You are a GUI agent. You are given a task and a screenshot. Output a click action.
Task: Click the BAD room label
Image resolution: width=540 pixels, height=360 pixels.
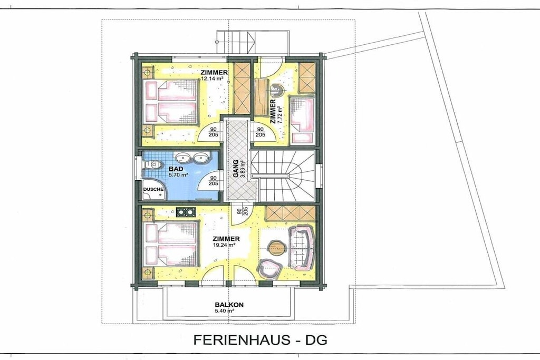point(176,169)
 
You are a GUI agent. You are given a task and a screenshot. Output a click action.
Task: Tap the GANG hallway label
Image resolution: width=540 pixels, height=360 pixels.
point(236,168)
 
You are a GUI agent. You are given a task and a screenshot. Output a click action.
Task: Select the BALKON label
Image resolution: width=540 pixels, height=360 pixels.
point(229,305)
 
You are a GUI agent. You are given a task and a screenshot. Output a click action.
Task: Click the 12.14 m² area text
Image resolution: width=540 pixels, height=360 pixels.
point(212,79)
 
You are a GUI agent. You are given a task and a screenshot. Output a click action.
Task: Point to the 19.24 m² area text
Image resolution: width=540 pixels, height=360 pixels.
point(224,245)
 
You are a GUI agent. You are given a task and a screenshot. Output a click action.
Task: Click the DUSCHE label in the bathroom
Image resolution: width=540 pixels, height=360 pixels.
point(153,189)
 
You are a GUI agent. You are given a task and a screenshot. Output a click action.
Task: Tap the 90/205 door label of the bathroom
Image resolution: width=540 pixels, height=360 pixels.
point(213,181)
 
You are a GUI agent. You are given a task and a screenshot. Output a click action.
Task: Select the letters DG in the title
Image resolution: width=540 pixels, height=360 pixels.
point(316,339)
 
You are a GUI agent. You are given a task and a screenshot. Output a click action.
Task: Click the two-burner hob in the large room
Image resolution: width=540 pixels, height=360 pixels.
point(186,212)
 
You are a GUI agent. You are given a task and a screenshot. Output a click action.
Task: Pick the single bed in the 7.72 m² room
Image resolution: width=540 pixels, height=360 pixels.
point(302,120)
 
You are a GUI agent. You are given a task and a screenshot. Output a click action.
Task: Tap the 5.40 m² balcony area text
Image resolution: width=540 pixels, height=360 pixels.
point(225,310)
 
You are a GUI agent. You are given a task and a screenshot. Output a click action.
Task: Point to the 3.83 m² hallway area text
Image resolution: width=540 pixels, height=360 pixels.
point(243,169)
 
